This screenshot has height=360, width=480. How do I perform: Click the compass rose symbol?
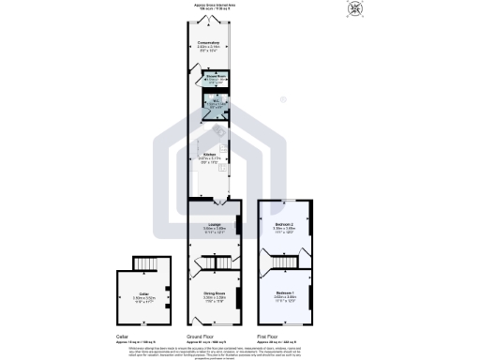(355, 9)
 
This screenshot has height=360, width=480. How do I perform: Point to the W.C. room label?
(216, 102)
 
